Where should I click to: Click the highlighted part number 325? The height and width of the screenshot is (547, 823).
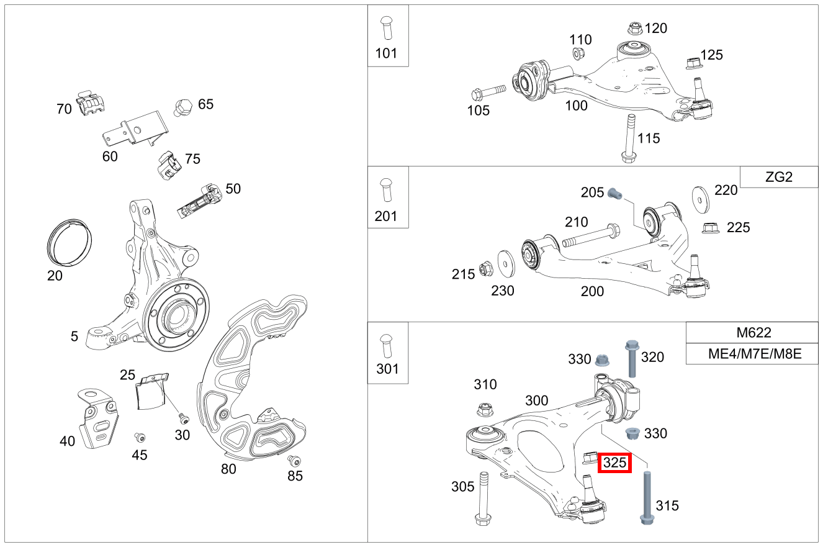[614, 463]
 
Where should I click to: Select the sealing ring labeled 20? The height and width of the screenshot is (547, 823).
[70, 243]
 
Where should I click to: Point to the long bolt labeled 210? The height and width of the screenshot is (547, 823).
[590, 237]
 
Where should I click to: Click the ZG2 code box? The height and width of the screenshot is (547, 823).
[779, 177]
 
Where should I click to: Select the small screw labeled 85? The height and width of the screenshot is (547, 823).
[294, 461]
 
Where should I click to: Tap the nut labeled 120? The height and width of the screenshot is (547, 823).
[634, 28]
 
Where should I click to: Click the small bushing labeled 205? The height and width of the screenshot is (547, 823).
[614, 193]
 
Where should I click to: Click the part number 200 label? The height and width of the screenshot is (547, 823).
[591, 291]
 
